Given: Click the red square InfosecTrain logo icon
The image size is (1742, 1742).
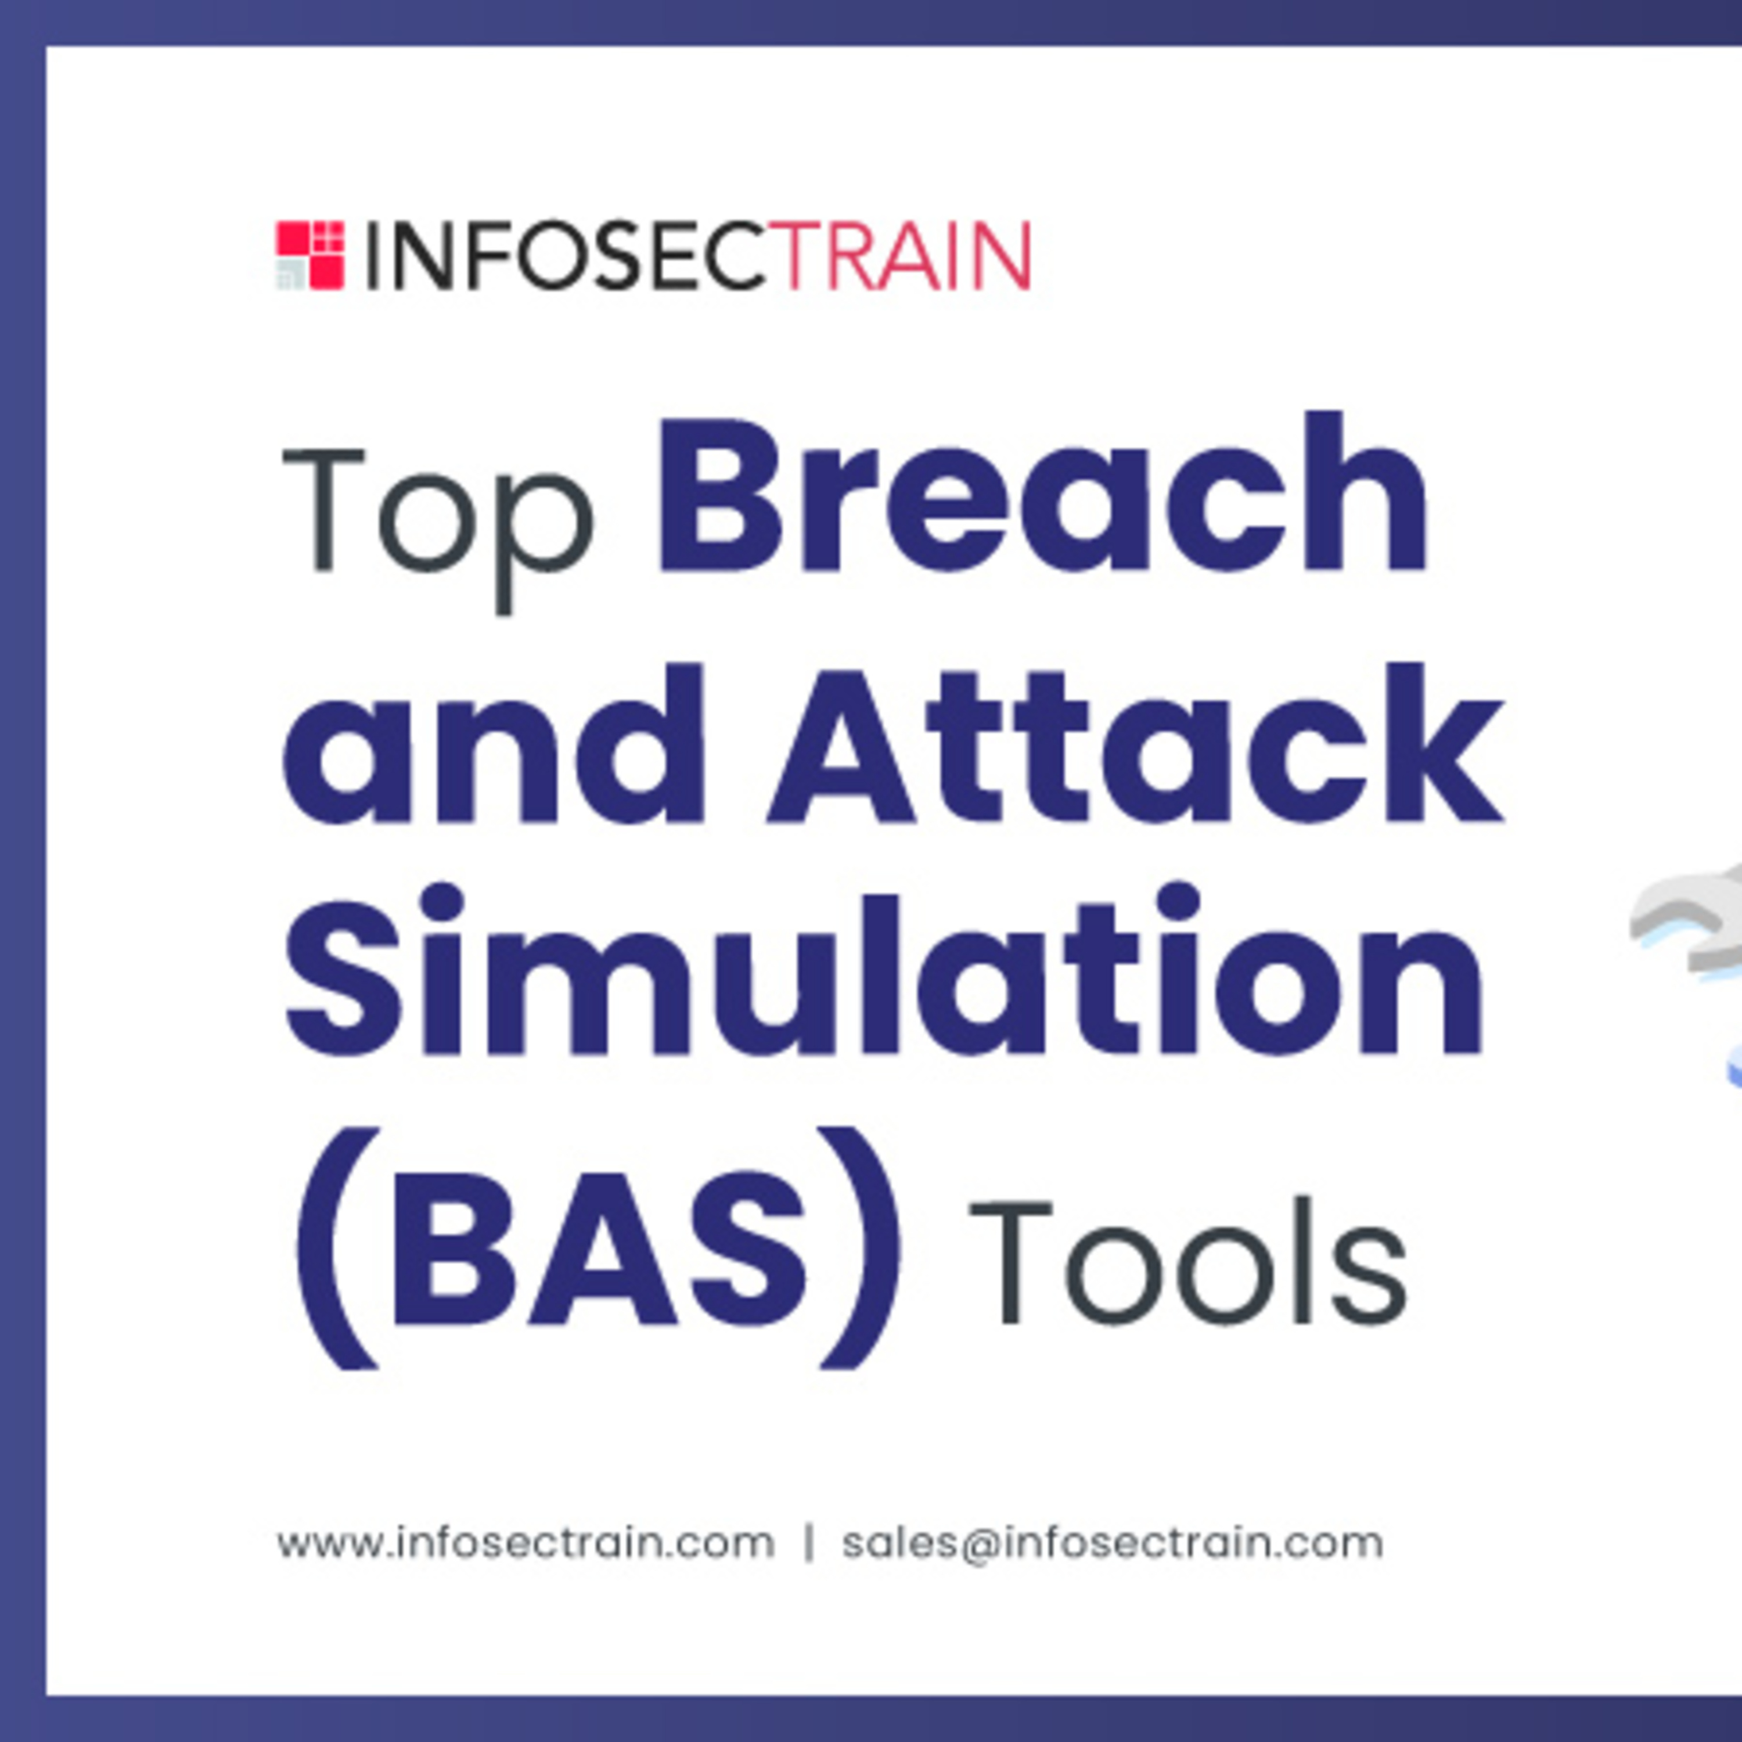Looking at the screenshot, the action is (309, 255).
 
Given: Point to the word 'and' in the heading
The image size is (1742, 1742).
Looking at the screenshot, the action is (492, 744).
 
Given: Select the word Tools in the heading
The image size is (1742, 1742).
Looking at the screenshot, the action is (1189, 1262).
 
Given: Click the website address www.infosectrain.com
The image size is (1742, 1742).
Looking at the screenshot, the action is (526, 1543).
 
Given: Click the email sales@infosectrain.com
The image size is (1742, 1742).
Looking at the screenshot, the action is (1113, 1543).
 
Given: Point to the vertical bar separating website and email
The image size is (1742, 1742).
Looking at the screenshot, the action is (809, 1543).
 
